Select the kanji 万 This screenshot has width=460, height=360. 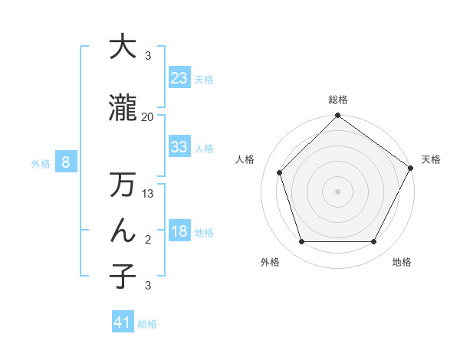[123, 185]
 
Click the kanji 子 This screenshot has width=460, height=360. [123, 276]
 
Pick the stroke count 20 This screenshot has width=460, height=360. [147, 116]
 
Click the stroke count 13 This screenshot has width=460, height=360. [148, 194]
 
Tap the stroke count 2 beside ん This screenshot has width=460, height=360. [148, 240]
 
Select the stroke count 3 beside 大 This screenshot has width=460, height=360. [148, 55]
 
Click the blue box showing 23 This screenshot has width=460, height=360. [179, 77]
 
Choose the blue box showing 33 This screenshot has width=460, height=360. [179, 147]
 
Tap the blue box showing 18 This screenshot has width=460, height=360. [179, 231]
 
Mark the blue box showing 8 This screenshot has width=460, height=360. [67, 162]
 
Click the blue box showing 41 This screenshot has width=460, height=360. [123, 322]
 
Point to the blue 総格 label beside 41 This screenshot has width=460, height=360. [147, 324]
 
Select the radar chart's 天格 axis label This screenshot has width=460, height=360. [431, 159]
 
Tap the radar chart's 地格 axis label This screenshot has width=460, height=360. [402, 262]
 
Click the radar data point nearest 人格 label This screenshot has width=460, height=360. [279, 172]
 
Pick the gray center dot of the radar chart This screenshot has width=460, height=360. [337, 191]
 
